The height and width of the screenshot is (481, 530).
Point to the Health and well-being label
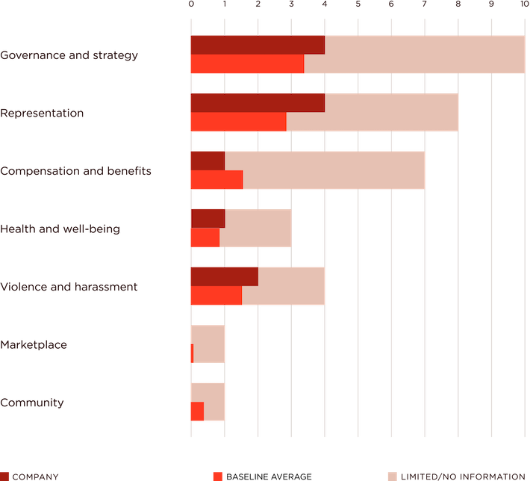pos(60,229)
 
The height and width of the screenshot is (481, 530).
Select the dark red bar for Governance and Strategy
pos(257,45)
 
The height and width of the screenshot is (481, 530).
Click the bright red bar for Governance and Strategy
pos(246,64)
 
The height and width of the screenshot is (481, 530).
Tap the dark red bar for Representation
pos(257,102)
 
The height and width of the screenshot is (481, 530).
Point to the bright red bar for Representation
pos(237,122)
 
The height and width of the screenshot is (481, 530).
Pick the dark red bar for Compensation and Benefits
pos(207,161)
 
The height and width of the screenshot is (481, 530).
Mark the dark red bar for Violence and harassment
pos(223,276)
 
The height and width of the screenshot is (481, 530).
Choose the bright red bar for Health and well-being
pos(204,238)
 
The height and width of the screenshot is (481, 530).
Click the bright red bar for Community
pos(196,412)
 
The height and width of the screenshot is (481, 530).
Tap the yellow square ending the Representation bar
pos(474,112)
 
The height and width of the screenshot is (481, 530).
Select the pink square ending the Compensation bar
pos(440,170)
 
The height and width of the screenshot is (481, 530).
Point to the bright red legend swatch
pos(217,476)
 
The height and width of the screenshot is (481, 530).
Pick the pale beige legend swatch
pos(393,476)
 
